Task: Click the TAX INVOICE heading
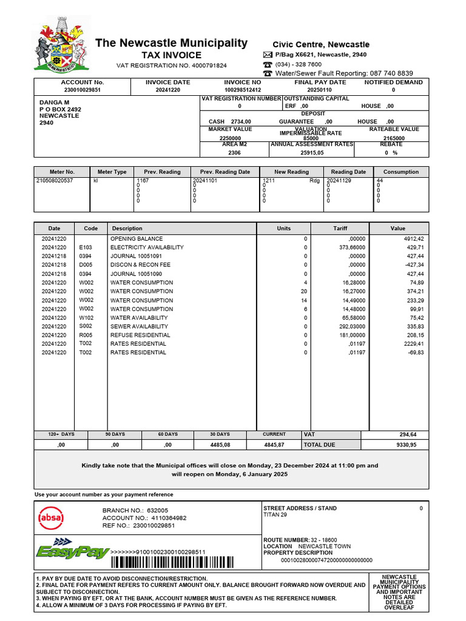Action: click(171, 55)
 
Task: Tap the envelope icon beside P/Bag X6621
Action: click(268, 55)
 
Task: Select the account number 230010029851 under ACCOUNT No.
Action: click(83, 90)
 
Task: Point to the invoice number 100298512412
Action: click(243, 90)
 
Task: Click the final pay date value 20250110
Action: click(320, 90)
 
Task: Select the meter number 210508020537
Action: click(55, 181)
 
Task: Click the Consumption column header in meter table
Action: click(400, 172)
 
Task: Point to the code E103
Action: click(85, 247)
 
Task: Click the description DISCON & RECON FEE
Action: click(140, 265)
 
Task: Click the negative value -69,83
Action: click(414, 352)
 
